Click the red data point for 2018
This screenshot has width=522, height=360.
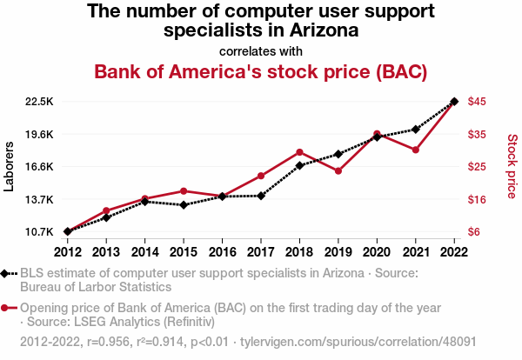(x=299, y=152)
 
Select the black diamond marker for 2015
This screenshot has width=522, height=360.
(x=184, y=205)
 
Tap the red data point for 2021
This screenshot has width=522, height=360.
(x=416, y=150)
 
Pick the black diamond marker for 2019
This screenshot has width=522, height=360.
(x=338, y=154)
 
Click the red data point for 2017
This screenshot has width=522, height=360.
(x=261, y=176)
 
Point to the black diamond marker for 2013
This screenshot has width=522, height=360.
(x=106, y=217)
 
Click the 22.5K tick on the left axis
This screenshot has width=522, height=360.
(x=40, y=102)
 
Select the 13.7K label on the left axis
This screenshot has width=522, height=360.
(x=40, y=200)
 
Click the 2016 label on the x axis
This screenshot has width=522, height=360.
(x=222, y=251)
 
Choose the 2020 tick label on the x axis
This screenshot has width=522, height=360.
(x=377, y=251)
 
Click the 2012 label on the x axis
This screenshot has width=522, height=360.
(x=67, y=251)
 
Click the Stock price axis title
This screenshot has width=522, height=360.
(x=512, y=164)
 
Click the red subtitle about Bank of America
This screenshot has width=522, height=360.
(x=260, y=70)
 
